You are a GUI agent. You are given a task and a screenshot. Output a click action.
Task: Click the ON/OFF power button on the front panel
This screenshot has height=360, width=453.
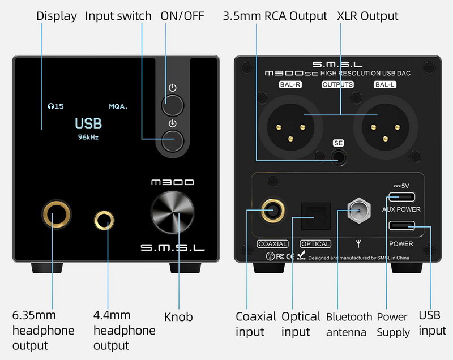pos(173,105)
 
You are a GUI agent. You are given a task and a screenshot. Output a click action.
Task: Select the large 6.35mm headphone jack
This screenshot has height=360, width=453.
pos(57,215)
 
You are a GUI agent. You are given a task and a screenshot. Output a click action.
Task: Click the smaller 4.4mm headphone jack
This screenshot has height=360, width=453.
pos(104,220)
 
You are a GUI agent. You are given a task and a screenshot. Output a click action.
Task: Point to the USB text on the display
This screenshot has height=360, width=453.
pos(88,123)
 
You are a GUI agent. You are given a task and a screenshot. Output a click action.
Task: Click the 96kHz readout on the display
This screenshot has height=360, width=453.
pos(88,137)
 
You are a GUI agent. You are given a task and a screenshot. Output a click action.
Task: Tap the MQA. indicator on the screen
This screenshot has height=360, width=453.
pos(118,106)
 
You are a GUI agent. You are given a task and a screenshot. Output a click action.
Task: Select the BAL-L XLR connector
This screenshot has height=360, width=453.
pos(381,123)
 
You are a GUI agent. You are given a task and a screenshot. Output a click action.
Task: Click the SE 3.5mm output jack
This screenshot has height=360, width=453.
pos(339,156)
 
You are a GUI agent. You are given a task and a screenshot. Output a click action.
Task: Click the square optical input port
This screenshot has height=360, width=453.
pos(314,215)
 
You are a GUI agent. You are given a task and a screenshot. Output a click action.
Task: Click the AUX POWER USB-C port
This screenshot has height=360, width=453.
pos(401,198)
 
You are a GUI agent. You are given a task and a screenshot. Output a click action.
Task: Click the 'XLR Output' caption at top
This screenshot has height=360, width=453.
pos(367,16)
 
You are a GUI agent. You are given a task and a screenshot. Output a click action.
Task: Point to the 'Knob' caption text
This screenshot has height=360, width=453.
pos(178,316)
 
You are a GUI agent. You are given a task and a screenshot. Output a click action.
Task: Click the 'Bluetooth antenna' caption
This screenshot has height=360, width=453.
pos(349,324)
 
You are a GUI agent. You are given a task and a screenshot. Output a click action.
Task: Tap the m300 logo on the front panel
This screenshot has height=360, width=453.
pos(173,183)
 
